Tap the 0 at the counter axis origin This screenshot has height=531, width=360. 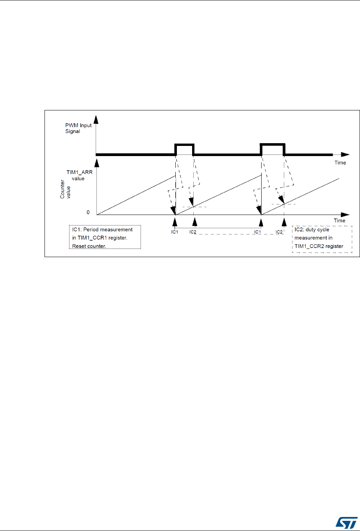pos(88,213)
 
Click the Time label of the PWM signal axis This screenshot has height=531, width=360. pos(340,162)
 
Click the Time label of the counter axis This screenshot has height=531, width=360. pos(340,221)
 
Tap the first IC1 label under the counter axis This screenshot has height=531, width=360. pos(175,233)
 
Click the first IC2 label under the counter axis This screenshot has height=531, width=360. pos(193,233)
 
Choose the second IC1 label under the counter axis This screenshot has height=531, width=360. pos(257,233)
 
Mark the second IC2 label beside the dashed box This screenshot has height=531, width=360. pos(279,233)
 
